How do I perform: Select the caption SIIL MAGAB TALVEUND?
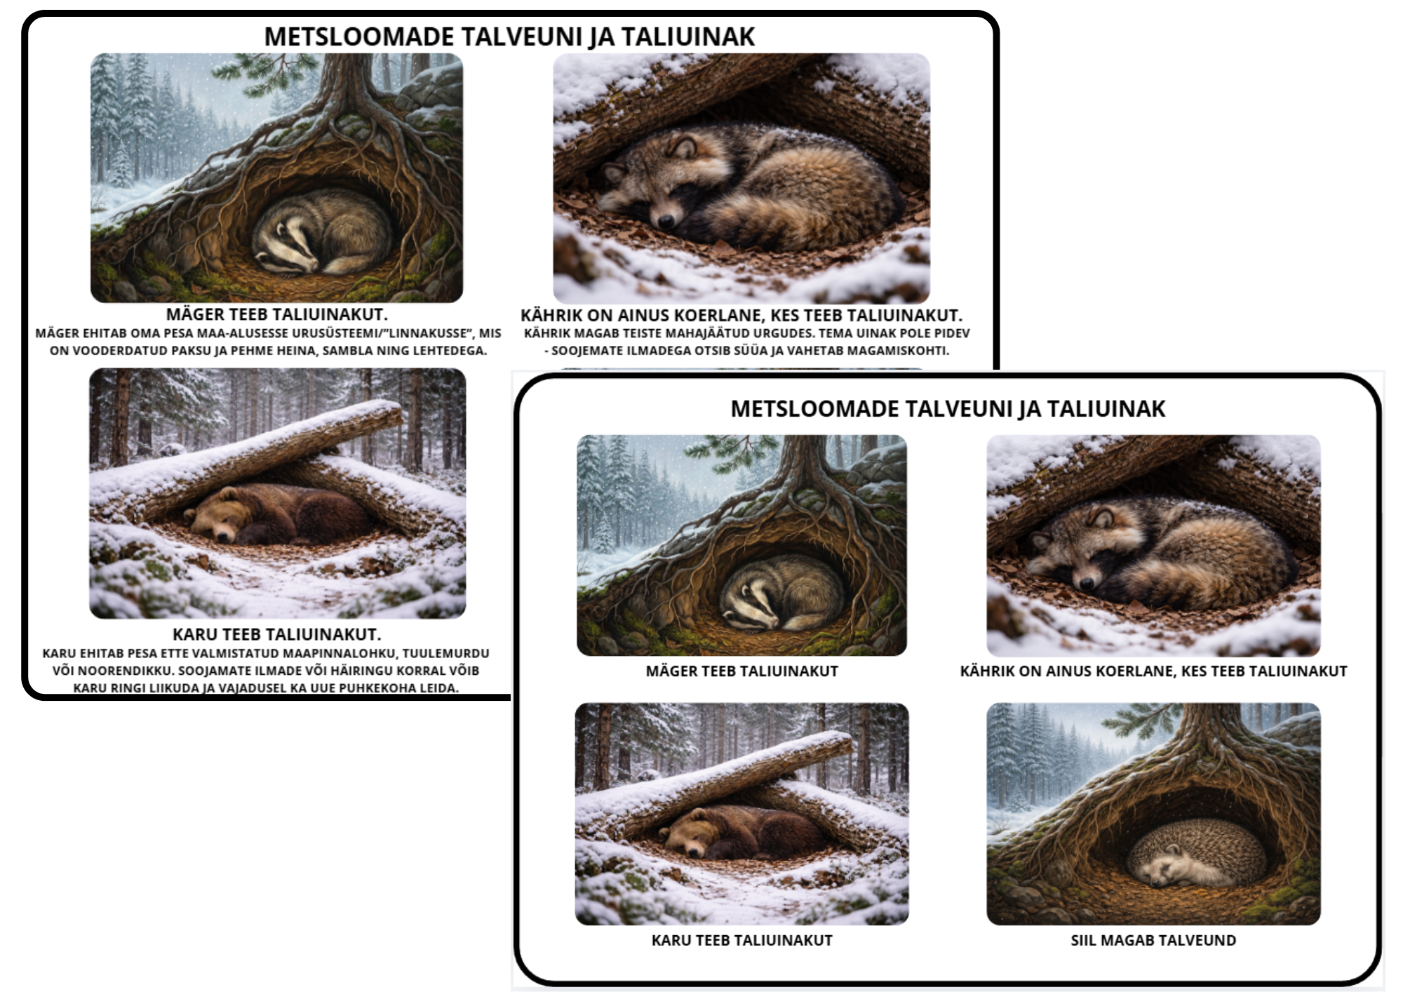(1153, 940)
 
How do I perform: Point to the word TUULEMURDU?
(445, 653)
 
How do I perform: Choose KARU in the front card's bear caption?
(671, 940)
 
